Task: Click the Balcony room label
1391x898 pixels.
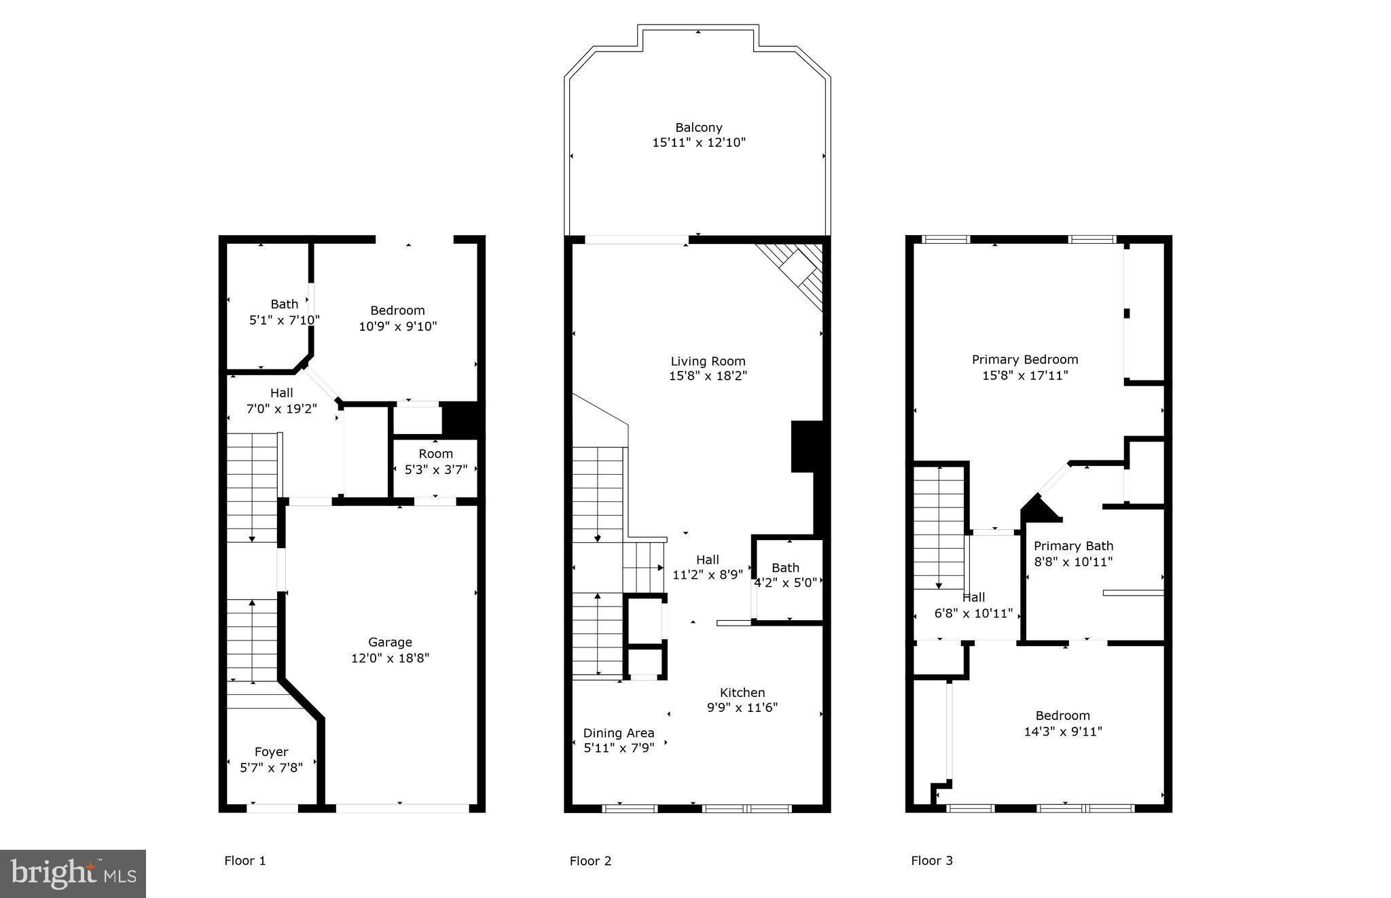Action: click(698, 128)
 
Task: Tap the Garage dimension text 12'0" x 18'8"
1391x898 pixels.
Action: click(390, 658)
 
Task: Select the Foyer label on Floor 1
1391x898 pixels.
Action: click(271, 752)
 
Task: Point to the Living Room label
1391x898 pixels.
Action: click(708, 361)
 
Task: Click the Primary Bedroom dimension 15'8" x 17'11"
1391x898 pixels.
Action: click(1024, 375)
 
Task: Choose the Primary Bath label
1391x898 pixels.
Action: click(1073, 546)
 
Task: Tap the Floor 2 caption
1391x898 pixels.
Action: click(590, 861)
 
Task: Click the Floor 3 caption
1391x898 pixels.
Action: click(931, 861)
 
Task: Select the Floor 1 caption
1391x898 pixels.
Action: click(245, 861)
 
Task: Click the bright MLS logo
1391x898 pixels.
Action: click(73, 874)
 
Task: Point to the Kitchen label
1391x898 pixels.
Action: click(742, 693)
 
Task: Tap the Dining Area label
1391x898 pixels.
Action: click(619, 733)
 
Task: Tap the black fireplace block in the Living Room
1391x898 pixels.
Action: click(807, 446)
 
